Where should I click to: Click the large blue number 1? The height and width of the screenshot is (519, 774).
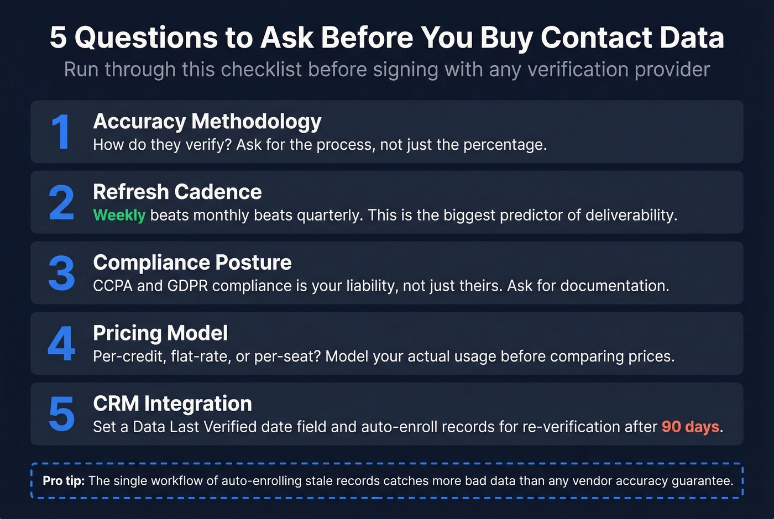click(61, 132)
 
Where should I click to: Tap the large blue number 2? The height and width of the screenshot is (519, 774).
click(61, 202)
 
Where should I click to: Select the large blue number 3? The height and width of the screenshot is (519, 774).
click(61, 273)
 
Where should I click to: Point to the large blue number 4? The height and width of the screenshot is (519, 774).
click(61, 343)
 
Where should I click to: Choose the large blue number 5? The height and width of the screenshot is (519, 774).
click(61, 414)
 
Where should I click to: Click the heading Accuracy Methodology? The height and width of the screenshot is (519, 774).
click(207, 121)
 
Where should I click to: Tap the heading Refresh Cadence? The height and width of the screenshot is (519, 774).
click(177, 192)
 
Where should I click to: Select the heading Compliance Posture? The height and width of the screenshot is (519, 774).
click(192, 263)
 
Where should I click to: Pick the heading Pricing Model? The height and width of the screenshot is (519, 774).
click(160, 333)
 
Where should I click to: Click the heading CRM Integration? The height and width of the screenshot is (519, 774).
click(172, 404)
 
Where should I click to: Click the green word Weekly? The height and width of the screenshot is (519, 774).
click(119, 215)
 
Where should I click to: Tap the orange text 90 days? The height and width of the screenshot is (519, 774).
click(691, 427)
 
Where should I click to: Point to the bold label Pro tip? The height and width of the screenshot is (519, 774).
click(64, 481)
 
